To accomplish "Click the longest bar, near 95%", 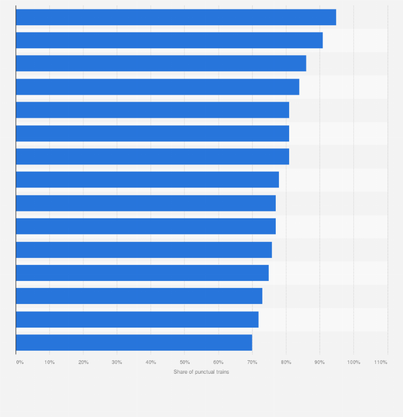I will click(x=176, y=17).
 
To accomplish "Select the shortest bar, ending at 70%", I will click(x=134, y=343).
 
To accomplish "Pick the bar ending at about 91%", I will click(x=169, y=40).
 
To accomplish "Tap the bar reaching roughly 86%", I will click(x=161, y=63).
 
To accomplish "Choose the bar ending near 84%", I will click(x=157, y=87).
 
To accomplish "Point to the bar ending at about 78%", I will click(x=147, y=180).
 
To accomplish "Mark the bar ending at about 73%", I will click(x=139, y=296).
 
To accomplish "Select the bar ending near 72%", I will click(x=137, y=320).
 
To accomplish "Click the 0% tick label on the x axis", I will click(x=20, y=362).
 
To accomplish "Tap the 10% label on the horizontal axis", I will click(x=50, y=362).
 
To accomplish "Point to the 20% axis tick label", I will click(x=83, y=362).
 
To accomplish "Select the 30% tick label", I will click(x=117, y=362).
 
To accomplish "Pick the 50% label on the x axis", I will click(x=184, y=362).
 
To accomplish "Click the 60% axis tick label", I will click(x=218, y=362).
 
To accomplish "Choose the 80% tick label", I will click(x=286, y=362).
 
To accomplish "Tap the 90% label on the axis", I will click(x=320, y=362).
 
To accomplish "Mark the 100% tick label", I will click(x=353, y=362).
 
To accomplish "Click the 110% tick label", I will click(x=381, y=362).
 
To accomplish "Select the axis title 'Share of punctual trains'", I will click(x=201, y=372).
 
